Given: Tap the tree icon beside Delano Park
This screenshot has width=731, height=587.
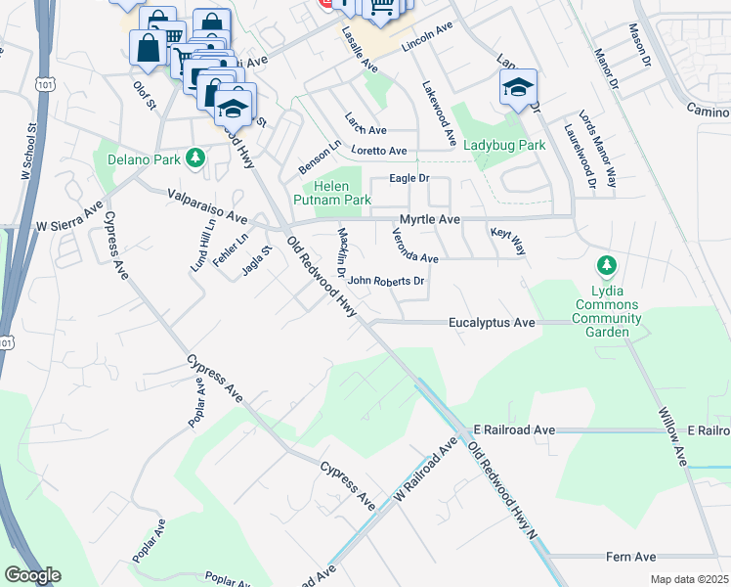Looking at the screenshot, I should [195, 157].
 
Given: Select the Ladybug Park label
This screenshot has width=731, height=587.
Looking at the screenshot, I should [503, 145].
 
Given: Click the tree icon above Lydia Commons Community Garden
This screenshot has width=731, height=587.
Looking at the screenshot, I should [607, 265].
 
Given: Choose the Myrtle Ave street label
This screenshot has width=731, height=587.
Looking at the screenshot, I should [429, 220].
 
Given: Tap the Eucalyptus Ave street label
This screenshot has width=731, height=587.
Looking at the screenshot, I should [492, 322].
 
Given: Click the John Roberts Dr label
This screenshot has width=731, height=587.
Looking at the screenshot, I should [386, 281].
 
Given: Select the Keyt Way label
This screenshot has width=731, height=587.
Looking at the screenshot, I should [508, 242].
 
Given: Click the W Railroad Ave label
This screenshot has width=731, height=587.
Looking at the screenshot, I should [425, 472].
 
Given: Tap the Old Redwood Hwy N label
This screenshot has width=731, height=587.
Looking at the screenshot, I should [503, 491].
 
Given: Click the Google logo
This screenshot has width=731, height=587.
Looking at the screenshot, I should [32, 574].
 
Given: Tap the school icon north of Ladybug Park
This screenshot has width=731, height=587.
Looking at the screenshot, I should [519, 87].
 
